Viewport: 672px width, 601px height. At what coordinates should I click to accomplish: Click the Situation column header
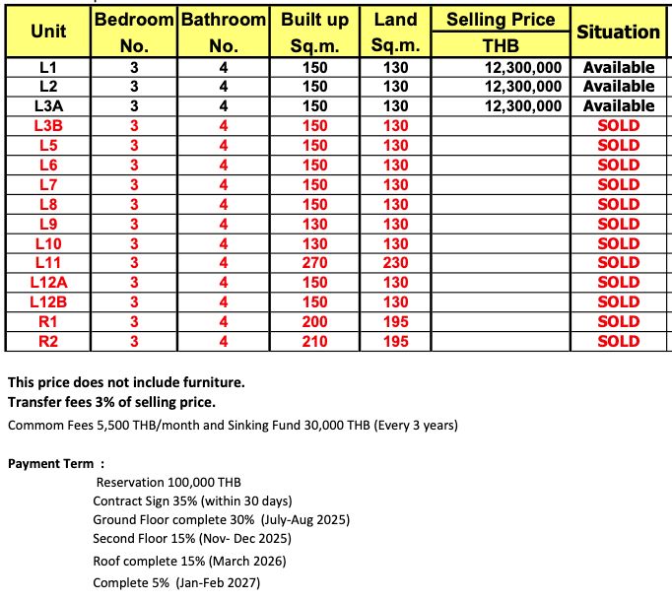618,33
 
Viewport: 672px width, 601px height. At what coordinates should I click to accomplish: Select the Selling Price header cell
501,20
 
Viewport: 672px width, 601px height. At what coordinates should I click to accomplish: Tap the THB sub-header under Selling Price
501,45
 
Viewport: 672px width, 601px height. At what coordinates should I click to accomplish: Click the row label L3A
48,106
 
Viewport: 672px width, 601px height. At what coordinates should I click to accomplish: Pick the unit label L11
48,263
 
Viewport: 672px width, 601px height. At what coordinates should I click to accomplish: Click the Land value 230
396,263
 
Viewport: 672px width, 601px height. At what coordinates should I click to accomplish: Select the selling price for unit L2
523,87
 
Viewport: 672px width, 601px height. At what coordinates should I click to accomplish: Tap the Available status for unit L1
618,68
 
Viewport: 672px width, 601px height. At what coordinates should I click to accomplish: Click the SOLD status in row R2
618,342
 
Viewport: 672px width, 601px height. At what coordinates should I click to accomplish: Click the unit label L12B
48,302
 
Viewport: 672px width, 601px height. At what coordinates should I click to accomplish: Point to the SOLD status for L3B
618,126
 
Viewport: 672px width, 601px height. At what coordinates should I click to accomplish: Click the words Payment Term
50,463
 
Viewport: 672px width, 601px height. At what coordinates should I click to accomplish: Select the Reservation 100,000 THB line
168,483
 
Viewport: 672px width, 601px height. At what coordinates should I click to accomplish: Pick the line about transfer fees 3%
111,402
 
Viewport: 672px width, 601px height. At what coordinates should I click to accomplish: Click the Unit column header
48,33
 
